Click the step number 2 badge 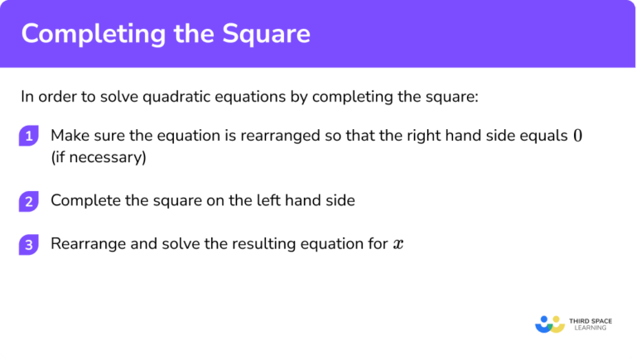[29, 201]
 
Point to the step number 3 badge [29, 244]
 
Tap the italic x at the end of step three [397, 244]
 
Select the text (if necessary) [98, 157]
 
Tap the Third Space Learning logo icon [550, 324]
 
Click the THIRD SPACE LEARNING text [590, 324]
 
